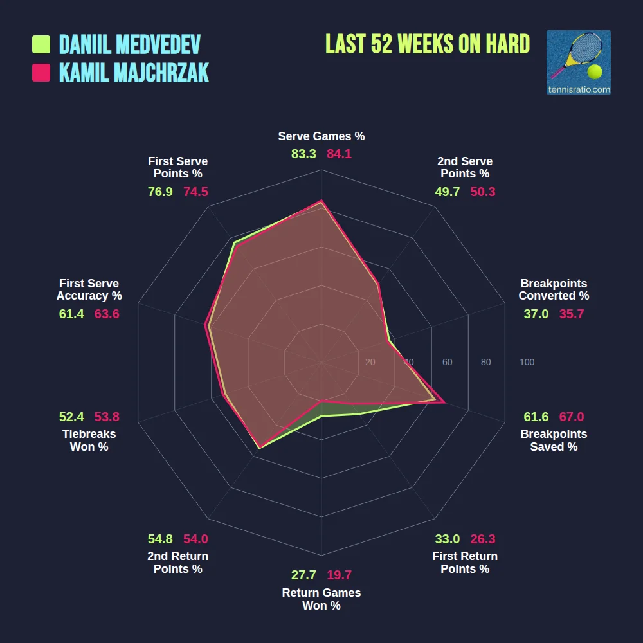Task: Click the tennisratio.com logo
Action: pos(578,62)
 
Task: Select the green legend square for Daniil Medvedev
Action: pos(41,44)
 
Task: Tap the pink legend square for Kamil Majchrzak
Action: pos(41,73)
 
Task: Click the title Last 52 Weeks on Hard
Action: pos(428,44)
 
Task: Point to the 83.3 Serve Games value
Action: pos(303,154)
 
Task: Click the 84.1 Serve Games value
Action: pos(339,154)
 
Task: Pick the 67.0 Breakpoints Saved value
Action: pos(572,417)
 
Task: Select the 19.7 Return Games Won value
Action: pos(339,575)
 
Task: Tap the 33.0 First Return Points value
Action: pos(447,539)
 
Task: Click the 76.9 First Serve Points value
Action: pos(160,192)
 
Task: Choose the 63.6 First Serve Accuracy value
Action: pos(107,314)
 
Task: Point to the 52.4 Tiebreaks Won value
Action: pos(71,417)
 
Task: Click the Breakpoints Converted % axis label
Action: pos(554,289)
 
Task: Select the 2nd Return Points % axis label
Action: pos(177,563)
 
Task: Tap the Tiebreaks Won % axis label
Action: pos(89,440)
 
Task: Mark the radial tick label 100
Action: pos(527,363)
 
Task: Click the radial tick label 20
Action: pos(370,363)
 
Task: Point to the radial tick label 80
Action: pos(485,363)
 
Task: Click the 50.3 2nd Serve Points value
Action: pos(483,192)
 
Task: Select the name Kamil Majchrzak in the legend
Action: pos(134,73)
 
